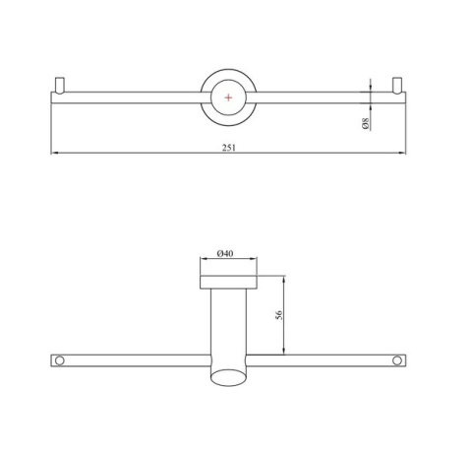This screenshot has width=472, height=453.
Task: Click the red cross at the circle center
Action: point(228,97)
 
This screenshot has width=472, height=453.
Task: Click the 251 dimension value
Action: point(229,148)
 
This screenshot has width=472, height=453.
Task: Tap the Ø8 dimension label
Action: point(366,123)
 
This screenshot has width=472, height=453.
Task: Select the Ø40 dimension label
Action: point(225,253)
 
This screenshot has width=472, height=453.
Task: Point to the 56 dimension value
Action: point(278,315)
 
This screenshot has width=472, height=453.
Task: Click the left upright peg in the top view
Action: point(60,86)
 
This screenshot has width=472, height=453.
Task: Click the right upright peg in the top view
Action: point(397,85)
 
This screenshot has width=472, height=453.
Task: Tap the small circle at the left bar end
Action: point(59,360)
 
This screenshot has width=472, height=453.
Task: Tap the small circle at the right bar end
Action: point(397,360)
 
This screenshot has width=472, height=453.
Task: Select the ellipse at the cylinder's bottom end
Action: point(228,377)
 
